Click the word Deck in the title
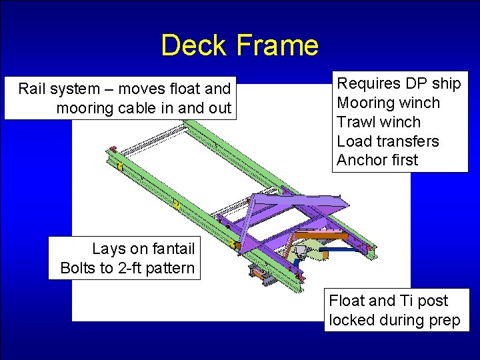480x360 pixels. click(195, 45)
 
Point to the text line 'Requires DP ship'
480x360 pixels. click(399, 83)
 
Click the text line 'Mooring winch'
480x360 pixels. click(389, 103)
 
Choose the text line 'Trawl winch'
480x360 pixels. click(379, 122)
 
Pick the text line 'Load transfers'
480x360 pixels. click(388, 141)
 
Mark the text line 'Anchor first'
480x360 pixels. click(377, 160)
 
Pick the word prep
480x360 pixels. click(444, 321)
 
